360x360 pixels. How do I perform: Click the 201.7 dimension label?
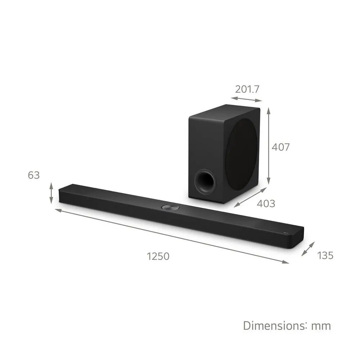click(x=247, y=89)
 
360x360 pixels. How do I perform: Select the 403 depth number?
click(x=266, y=204)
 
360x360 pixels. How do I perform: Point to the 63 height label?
click(x=33, y=175)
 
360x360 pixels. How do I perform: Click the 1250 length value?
click(x=158, y=256)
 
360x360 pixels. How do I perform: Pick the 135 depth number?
click(x=325, y=256)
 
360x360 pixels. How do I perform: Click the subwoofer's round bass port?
click(x=204, y=181)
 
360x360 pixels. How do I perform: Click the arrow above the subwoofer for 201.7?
click(x=247, y=99)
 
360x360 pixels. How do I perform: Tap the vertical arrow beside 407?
click(x=269, y=147)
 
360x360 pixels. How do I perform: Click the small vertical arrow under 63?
click(x=51, y=193)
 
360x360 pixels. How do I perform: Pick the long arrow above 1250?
click(x=172, y=236)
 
